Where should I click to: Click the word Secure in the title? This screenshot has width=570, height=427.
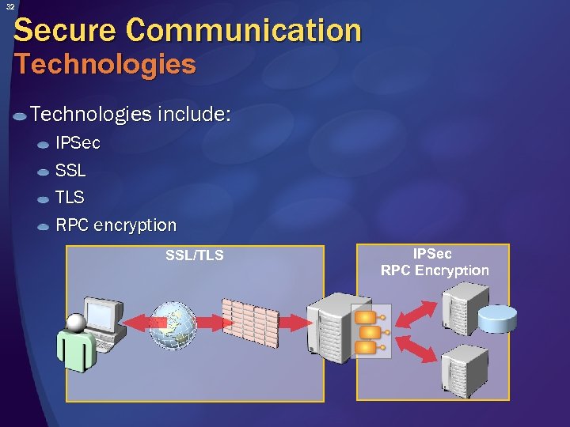coord(65,30)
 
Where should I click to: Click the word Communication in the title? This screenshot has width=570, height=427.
coord(243,30)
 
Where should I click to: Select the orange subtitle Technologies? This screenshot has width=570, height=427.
coord(104,64)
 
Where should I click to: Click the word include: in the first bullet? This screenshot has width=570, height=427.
coord(194,115)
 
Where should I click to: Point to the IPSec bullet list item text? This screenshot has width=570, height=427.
coord(78,144)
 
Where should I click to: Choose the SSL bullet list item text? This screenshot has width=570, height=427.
coord(70,171)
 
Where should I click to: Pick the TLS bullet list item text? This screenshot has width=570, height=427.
coord(70,198)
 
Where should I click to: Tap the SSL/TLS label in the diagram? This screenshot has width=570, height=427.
coord(194,255)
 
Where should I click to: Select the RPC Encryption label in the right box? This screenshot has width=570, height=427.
coord(435,270)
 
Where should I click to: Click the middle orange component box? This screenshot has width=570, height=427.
coord(366,331)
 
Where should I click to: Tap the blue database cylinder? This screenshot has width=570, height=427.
coord(496,319)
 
